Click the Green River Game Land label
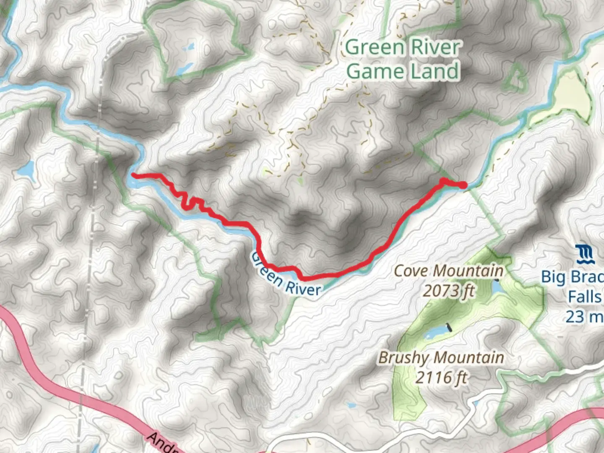[403, 59]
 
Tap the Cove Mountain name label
[448, 271]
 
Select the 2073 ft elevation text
[448, 290]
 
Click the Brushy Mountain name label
[441, 358]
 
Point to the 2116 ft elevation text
[441, 377]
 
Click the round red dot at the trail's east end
[462, 185]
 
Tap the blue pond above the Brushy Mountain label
[436, 333]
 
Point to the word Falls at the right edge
[585, 297]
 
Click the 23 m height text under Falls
[584, 316]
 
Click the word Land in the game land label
[435, 71]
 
